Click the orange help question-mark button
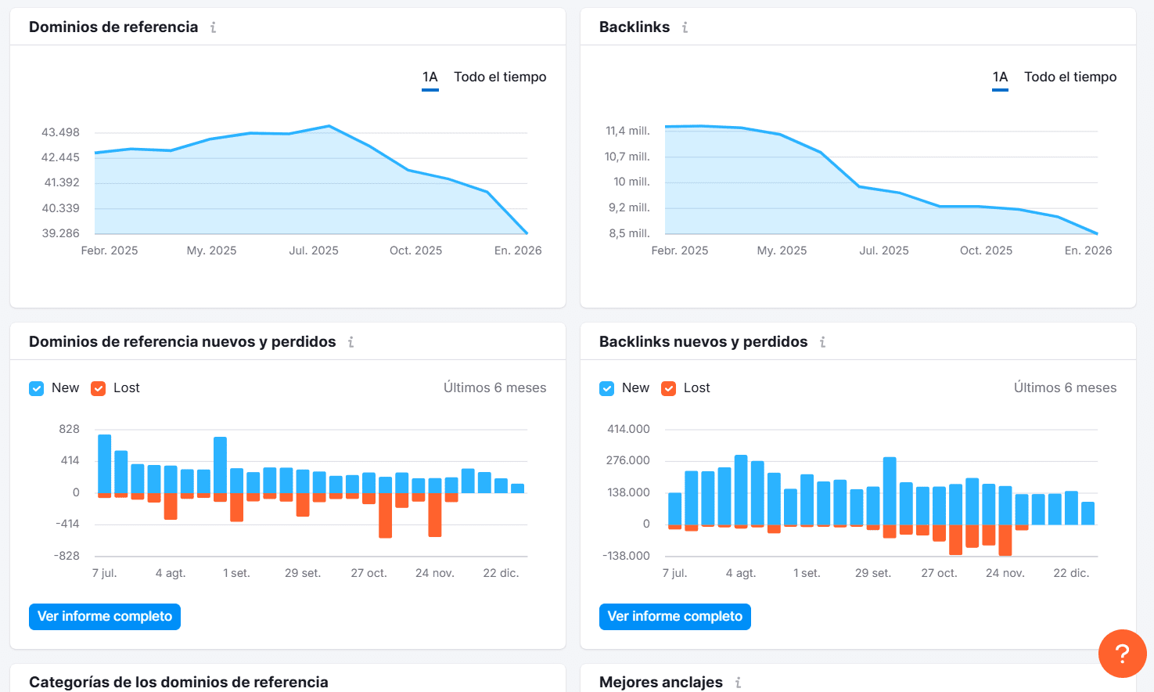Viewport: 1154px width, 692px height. tap(1122, 653)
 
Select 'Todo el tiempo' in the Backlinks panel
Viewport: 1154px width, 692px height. tap(1070, 77)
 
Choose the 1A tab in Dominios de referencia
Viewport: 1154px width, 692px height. tap(430, 77)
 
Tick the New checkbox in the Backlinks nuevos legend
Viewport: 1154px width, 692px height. tap(606, 388)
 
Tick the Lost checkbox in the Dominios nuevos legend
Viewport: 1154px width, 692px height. tap(99, 388)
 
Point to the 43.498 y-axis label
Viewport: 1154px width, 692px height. tap(60, 132)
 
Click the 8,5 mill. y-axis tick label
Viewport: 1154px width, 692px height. tap(629, 233)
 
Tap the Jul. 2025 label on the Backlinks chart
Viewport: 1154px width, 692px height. tap(883, 250)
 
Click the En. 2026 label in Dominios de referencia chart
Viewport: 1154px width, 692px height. tap(517, 250)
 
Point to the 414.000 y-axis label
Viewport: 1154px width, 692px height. tap(628, 429)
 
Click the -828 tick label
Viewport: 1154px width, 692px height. tap(67, 556)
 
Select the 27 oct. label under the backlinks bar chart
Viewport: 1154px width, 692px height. tap(938, 573)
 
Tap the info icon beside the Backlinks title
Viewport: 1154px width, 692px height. tap(685, 27)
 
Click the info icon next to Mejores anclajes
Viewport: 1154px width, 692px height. tap(738, 683)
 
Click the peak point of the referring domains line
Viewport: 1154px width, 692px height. tap(329, 126)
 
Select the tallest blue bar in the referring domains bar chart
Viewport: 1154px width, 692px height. tap(104, 463)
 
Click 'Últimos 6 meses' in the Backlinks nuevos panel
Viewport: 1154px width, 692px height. tap(1064, 387)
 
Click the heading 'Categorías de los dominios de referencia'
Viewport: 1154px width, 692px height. tap(178, 682)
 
